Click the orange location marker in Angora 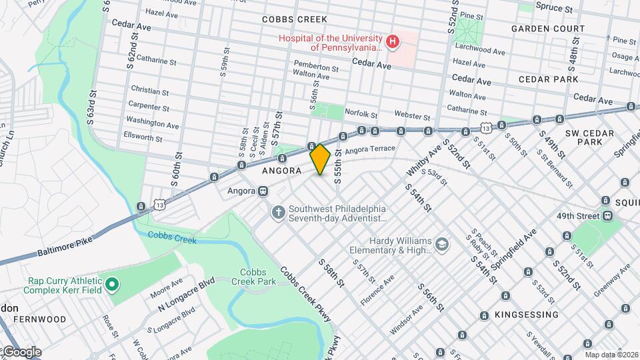(321, 159)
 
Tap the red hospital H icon (393, 43)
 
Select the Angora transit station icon (263, 191)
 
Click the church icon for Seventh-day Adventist (278, 213)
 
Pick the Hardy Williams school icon (441, 245)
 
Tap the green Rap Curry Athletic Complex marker (112, 285)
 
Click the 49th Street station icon (607, 215)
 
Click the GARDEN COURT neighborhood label (548, 29)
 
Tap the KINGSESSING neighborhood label (526, 314)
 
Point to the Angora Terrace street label (370, 150)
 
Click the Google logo (21, 351)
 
